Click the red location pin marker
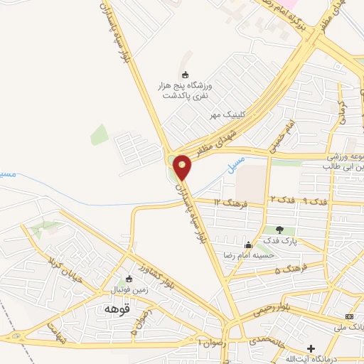183,167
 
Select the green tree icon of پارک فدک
279,230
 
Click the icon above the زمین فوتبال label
129,279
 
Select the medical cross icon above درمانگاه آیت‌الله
309,348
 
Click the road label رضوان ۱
208,343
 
